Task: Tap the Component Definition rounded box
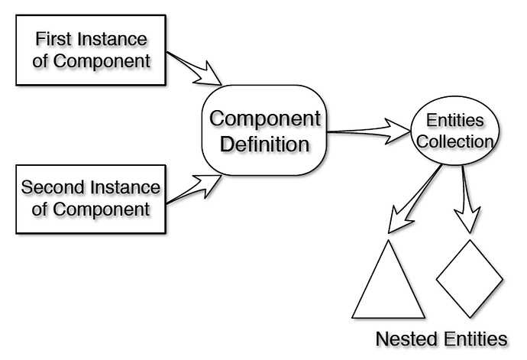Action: (x=264, y=131)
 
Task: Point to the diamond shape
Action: (x=469, y=277)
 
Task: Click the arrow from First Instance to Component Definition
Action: (x=195, y=68)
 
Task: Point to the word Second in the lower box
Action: (x=52, y=186)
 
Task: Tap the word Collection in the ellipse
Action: (x=457, y=142)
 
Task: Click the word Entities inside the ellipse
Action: (x=457, y=122)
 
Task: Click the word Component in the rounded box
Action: (x=264, y=118)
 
